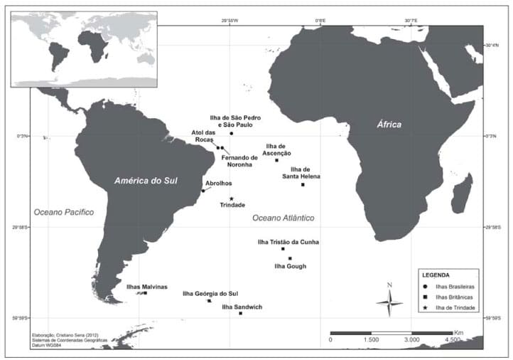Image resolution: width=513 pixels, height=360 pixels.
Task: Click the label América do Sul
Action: coord(155,181)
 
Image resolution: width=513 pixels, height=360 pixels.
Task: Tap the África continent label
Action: coord(389,125)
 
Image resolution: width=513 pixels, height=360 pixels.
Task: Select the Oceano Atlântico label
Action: coord(283,218)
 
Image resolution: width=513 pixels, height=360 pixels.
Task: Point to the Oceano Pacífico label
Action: coord(64,212)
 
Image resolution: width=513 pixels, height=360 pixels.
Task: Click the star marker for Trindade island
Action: coord(232,198)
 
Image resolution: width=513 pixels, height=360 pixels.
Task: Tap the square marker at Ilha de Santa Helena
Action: coord(303,184)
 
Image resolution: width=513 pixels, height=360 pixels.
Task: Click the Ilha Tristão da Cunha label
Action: coord(288,242)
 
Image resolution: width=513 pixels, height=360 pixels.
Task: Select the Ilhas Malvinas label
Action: coord(146,287)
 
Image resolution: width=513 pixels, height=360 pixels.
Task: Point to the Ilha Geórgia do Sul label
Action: coord(210,293)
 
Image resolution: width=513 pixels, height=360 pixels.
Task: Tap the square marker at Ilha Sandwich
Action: coord(241,313)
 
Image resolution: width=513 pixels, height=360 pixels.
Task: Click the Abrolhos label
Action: coord(217,183)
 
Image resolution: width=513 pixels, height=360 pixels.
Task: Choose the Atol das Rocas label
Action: coord(204,135)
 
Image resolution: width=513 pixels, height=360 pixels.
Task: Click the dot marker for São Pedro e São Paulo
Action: coord(232,133)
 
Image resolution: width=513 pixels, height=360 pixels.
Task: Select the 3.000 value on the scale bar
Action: coord(411,341)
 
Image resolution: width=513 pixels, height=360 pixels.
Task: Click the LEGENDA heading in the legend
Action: coord(436,275)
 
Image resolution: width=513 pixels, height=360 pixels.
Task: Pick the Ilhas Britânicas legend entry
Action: coord(455,297)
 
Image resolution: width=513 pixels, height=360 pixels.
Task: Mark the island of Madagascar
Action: coord(462,193)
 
